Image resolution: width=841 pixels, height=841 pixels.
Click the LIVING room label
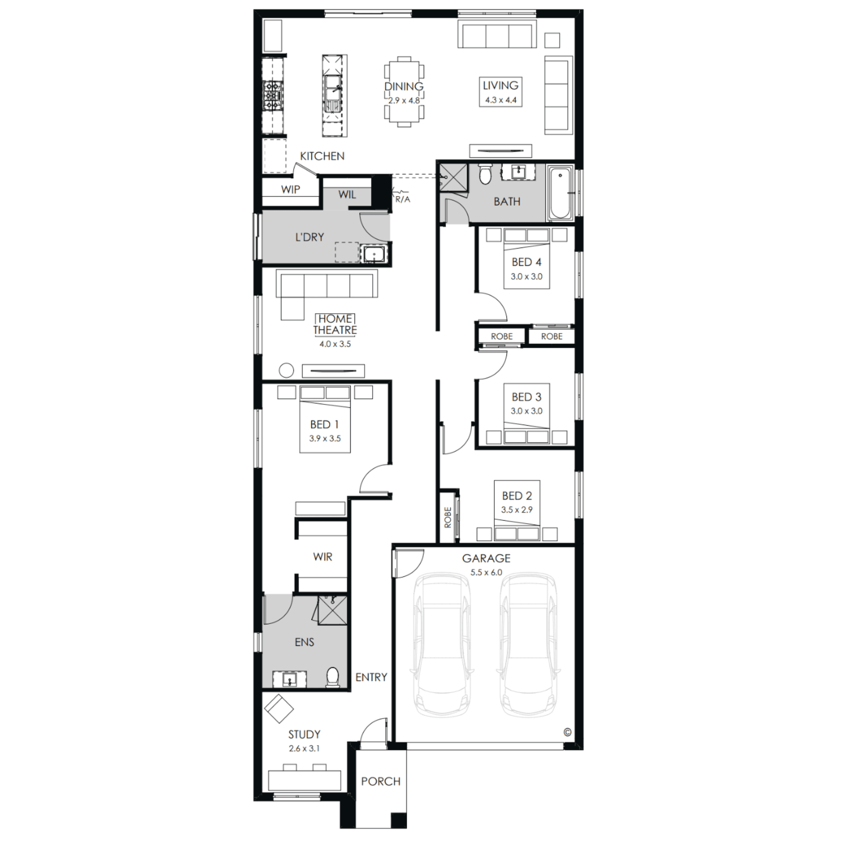[x=500, y=86]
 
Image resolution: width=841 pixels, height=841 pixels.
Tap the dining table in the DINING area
[x=404, y=91]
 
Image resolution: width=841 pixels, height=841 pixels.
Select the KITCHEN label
[x=322, y=156]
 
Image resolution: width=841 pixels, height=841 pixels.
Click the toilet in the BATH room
[x=485, y=174]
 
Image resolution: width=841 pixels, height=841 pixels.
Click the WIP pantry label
[x=290, y=190]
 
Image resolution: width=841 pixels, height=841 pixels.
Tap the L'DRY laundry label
[x=309, y=237]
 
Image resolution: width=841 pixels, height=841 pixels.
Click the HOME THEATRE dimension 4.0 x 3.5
[x=335, y=344]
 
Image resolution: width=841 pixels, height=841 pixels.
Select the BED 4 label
[x=526, y=262]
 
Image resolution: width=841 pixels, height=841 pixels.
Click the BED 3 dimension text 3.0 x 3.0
[x=526, y=411]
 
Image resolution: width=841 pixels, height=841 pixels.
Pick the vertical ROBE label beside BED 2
[x=447, y=517]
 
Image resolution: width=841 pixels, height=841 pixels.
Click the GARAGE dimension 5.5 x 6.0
[x=486, y=572]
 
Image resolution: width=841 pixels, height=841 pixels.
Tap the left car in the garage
[x=441, y=644]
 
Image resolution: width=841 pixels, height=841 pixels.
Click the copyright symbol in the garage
[x=567, y=732]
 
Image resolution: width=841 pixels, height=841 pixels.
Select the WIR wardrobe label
[x=322, y=557]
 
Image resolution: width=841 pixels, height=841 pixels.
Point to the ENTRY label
[x=371, y=677]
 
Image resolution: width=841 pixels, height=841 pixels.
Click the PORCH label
[x=381, y=782]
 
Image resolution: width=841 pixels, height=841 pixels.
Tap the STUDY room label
[x=304, y=734]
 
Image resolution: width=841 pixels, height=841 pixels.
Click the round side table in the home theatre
[x=287, y=371]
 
